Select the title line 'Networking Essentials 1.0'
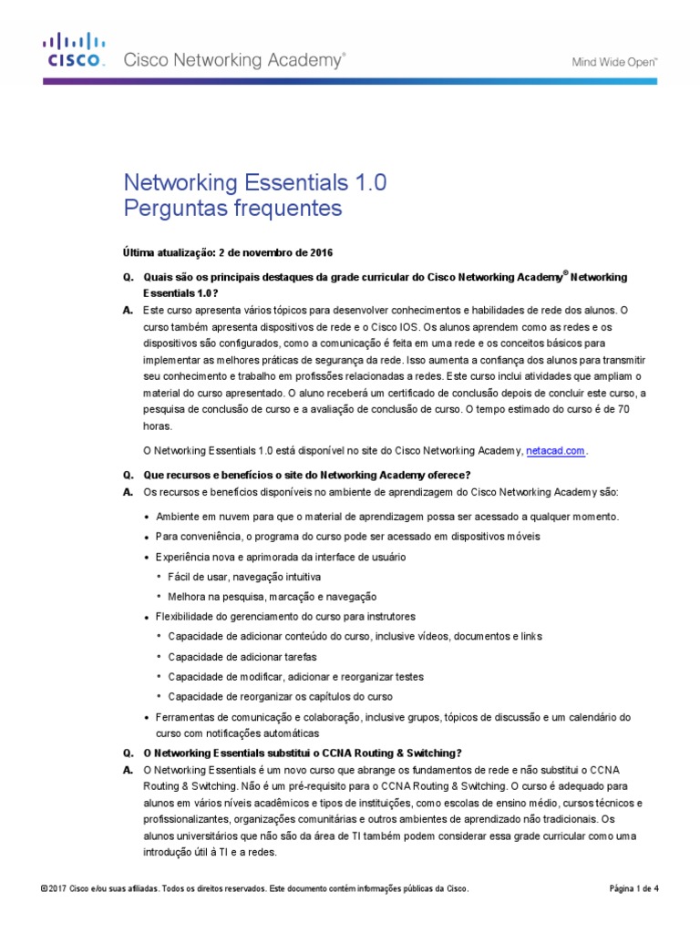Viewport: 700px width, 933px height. pos(254,182)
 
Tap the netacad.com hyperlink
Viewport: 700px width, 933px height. pos(556,450)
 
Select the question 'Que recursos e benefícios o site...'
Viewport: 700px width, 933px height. pos(307,475)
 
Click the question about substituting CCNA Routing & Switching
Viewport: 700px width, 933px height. pos(304,753)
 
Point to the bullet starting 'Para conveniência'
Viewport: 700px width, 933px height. pos(347,537)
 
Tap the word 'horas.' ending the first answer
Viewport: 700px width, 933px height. pos(157,425)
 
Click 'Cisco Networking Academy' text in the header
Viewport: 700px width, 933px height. pos(234,61)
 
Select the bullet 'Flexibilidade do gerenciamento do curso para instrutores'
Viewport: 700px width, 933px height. pos(285,617)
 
